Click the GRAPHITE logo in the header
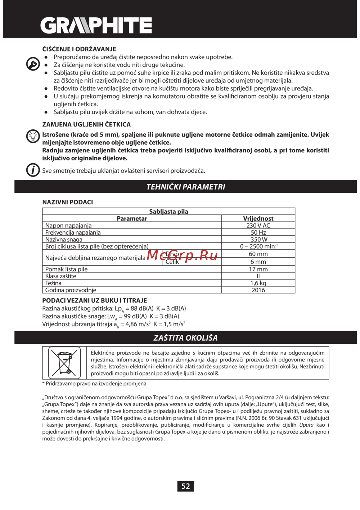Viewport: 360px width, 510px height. (x=96, y=26)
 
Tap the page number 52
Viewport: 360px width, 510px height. (x=185, y=486)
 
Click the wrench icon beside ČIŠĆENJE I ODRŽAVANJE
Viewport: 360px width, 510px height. (x=33, y=64)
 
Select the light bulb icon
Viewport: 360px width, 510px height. (x=33, y=136)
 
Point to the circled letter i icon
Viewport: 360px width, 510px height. (x=33, y=170)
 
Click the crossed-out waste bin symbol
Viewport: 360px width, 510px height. (x=64, y=363)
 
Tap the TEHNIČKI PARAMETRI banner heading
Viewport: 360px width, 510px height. (x=185, y=187)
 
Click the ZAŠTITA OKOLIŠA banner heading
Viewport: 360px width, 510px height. (x=185, y=338)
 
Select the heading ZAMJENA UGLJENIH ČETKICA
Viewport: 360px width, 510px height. (x=86, y=124)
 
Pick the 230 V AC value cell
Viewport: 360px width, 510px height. (x=258, y=226)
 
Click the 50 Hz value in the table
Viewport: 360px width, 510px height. (x=258, y=232)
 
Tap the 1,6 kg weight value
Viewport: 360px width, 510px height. (x=258, y=283)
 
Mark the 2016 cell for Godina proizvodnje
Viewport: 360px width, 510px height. (x=258, y=290)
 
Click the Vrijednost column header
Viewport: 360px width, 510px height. (x=258, y=218)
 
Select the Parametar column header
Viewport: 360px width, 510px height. (x=132, y=218)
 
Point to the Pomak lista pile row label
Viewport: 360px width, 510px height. (x=66, y=269)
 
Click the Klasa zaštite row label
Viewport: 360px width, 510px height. (x=60, y=276)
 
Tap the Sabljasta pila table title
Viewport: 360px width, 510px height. (x=168, y=212)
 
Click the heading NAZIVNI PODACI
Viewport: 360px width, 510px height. (x=68, y=202)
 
